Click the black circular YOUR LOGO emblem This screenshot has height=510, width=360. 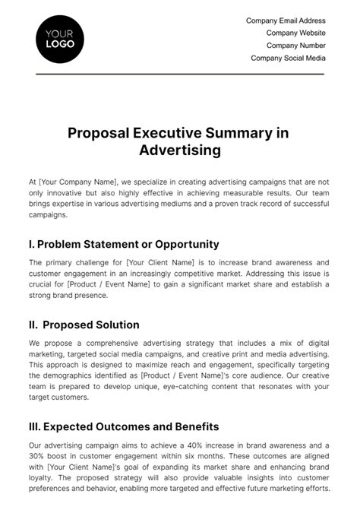(x=60, y=39)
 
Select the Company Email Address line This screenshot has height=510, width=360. (x=286, y=21)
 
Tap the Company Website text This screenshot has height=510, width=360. (x=295, y=33)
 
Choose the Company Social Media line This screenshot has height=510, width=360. (x=288, y=58)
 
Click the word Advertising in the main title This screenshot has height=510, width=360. (x=180, y=150)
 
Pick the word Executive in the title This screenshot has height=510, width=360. (x=170, y=133)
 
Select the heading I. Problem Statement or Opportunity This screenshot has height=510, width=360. (x=124, y=244)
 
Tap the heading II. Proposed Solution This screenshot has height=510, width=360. (x=84, y=325)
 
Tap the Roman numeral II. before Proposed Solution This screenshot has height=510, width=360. (x=34, y=325)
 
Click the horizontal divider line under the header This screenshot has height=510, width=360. (x=180, y=74)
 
